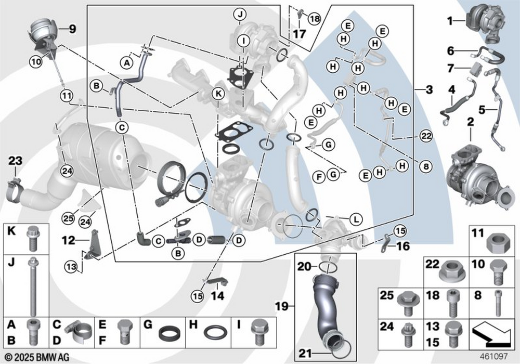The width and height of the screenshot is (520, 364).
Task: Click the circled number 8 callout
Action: tap(426, 167)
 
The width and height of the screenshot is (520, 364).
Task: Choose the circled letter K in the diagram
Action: tap(219, 95)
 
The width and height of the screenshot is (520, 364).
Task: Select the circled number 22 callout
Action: tap(426, 137)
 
